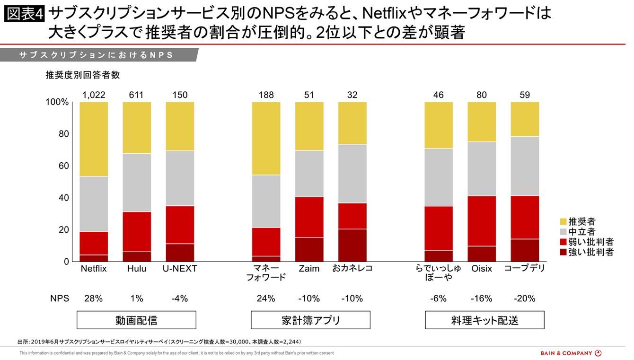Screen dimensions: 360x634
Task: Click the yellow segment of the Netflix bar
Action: click(94, 139)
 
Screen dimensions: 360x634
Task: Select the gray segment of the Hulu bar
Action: click(137, 182)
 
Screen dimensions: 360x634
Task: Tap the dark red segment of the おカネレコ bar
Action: click(352, 245)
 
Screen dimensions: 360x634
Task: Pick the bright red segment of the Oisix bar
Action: click(482, 221)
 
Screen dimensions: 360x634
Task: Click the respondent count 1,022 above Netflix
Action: click(94, 95)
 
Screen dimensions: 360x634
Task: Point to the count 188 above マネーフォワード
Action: click(266, 95)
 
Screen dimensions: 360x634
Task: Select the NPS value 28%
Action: click(94, 299)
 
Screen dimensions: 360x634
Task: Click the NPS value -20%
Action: click(524, 299)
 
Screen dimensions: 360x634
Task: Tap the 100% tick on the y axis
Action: click(57, 103)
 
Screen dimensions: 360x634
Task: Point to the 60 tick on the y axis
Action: click(63, 166)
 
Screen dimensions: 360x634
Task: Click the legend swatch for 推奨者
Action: click(563, 221)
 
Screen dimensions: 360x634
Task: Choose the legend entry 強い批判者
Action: click(590, 252)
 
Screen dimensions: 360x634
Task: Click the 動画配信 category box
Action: click(136, 320)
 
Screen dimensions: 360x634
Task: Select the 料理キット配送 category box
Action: click(484, 320)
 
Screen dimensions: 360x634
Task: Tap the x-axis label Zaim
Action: click(309, 269)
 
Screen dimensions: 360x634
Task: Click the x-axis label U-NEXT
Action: click(180, 269)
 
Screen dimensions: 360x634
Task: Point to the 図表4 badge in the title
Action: click(24, 14)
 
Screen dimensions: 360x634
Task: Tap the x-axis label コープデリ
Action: click(524, 268)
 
